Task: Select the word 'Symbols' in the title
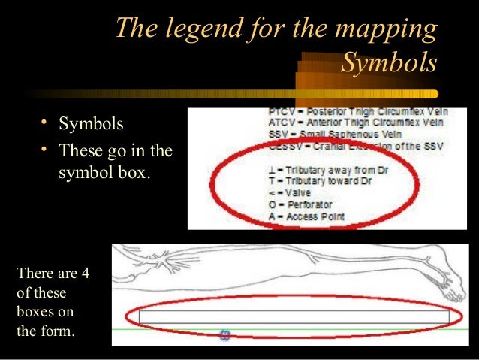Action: (x=389, y=63)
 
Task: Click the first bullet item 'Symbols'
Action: (x=91, y=123)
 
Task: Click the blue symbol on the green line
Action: (x=224, y=335)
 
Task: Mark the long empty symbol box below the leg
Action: (x=293, y=316)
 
